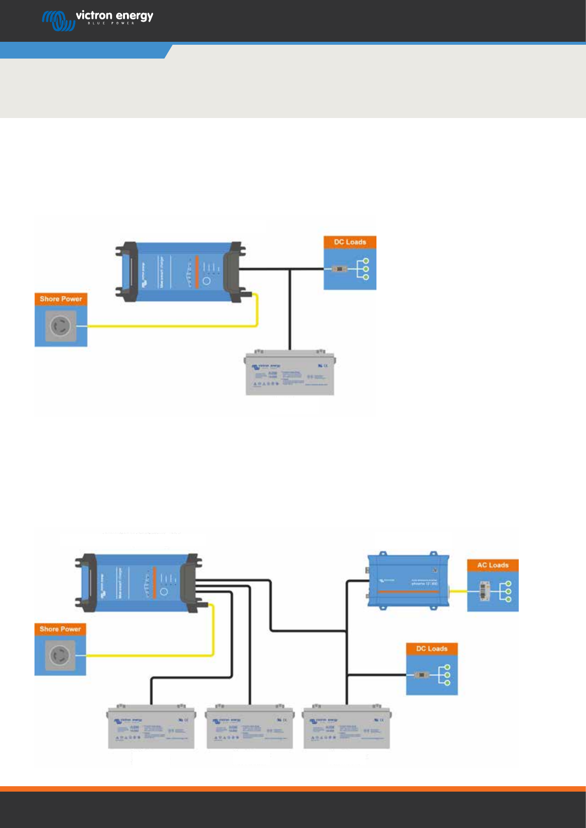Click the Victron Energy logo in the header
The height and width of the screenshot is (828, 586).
pos(97,19)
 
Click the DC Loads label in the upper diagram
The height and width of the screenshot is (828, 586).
pos(350,242)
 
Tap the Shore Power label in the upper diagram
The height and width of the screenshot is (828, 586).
pos(61,299)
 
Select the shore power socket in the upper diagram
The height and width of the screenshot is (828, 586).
pos(61,325)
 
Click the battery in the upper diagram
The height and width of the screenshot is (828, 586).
pos(290,373)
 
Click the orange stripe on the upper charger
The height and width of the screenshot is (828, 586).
pos(196,271)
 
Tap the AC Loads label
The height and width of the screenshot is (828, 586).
pos(493,565)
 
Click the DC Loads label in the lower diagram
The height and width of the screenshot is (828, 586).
pos(432,649)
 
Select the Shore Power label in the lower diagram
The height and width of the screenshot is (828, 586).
pos(60,629)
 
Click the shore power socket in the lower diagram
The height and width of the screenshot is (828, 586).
pos(60,655)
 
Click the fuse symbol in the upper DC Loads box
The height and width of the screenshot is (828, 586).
pos(339,269)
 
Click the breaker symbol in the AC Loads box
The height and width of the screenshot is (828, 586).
pos(485,591)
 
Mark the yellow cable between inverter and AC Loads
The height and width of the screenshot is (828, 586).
pos(458,591)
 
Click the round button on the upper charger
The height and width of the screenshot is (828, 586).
pos(207,281)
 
